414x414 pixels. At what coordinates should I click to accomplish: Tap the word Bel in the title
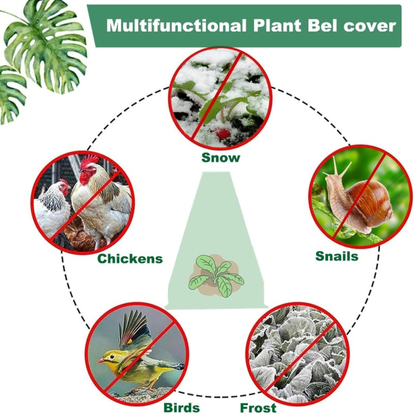pyautogui.click(x=318, y=26)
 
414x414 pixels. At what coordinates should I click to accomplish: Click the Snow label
pyautogui.click(x=221, y=158)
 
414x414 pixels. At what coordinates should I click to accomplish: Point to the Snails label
pyautogui.click(x=337, y=256)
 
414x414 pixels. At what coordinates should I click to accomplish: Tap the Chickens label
pyautogui.click(x=130, y=259)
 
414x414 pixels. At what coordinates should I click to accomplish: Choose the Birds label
pyautogui.click(x=182, y=407)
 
